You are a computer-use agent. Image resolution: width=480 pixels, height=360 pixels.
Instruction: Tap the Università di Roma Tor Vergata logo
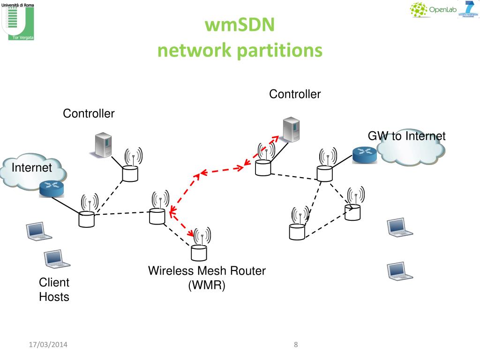coord(18,21)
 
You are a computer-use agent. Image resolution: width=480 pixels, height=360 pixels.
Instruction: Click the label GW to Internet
coord(406,136)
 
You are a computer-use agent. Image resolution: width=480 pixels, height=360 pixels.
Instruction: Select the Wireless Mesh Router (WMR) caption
coord(207,278)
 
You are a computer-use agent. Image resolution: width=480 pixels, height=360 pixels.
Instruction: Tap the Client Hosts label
coord(54,290)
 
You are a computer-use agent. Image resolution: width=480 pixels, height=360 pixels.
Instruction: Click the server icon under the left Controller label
coord(103,145)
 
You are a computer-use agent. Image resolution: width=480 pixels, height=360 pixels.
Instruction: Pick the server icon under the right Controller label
coord(291,130)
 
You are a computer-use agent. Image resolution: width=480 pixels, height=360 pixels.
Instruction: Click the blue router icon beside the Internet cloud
coord(51,188)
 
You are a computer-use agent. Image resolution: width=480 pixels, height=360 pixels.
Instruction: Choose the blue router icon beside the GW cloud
coord(365,155)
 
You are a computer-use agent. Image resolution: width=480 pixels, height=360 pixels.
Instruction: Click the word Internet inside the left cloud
coord(31,168)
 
